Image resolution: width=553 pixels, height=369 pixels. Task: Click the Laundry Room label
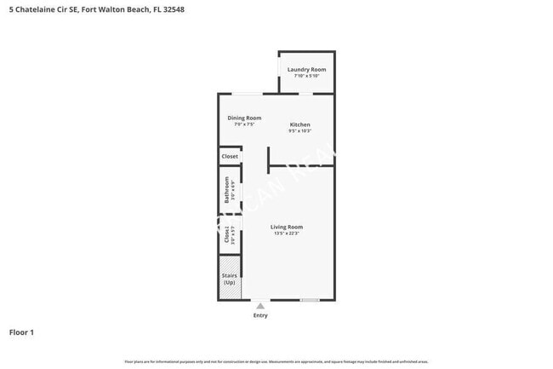click(x=306, y=69)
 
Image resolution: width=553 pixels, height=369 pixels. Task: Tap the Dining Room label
click(x=244, y=118)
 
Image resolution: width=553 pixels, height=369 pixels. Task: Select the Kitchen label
click(x=299, y=124)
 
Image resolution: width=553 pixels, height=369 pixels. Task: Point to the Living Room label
click(x=287, y=227)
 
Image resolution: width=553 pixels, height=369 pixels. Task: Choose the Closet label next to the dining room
click(x=230, y=157)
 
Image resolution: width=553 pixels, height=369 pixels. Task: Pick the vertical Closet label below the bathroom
click(x=226, y=235)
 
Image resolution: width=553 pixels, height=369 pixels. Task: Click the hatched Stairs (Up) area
click(x=228, y=285)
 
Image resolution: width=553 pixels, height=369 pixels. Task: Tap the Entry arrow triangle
click(x=260, y=305)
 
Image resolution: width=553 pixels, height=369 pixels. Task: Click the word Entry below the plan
click(x=260, y=315)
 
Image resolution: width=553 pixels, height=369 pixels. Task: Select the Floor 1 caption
click(x=21, y=332)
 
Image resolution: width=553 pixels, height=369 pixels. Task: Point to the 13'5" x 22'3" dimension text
click(x=287, y=234)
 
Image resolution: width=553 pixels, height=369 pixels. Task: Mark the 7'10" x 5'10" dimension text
click(x=306, y=76)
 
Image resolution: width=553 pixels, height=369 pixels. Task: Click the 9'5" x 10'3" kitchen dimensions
click(x=299, y=131)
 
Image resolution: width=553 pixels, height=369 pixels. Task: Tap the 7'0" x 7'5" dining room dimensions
click(x=244, y=124)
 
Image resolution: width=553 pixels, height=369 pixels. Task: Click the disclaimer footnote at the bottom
click(x=276, y=361)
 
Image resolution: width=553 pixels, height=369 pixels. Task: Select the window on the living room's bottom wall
click(x=310, y=300)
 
